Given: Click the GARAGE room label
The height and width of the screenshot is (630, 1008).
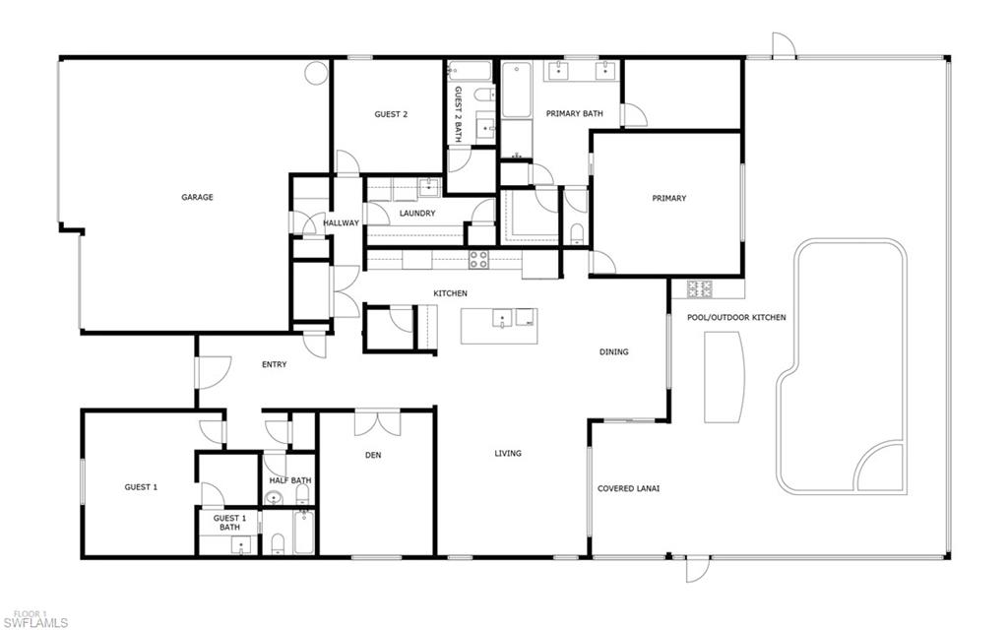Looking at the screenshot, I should click(x=197, y=198).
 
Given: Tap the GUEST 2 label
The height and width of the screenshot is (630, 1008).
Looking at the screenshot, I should click(x=391, y=114).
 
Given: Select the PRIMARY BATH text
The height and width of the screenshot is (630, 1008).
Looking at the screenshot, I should click(x=575, y=114).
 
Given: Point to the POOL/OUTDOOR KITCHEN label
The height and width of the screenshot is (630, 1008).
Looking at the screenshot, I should click(x=736, y=318).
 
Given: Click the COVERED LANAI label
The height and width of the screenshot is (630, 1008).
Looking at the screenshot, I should click(x=628, y=488).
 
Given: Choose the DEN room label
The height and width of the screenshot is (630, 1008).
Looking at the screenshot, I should click(x=373, y=455).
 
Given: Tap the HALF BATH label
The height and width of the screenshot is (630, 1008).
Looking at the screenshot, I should click(x=290, y=480).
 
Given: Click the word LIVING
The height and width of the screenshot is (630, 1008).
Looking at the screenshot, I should click(x=508, y=454).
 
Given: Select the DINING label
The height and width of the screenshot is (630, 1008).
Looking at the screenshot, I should click(x=614, y=351).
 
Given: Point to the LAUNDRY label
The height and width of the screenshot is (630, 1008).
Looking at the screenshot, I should click(x=417, y=214).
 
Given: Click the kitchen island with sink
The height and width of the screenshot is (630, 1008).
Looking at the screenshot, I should click(x=499, y=325).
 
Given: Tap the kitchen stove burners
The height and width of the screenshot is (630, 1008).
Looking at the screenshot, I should click(x=478, y=260).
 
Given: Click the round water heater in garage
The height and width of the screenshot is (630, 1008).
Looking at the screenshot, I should click(x=315, y=73).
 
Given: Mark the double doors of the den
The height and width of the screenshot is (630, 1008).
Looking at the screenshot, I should click(x=377, y=422).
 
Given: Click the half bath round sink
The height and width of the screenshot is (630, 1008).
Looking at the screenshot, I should click(x=274, y=498).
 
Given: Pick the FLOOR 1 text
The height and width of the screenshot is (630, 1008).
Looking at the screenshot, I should click(x=23, y=612).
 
